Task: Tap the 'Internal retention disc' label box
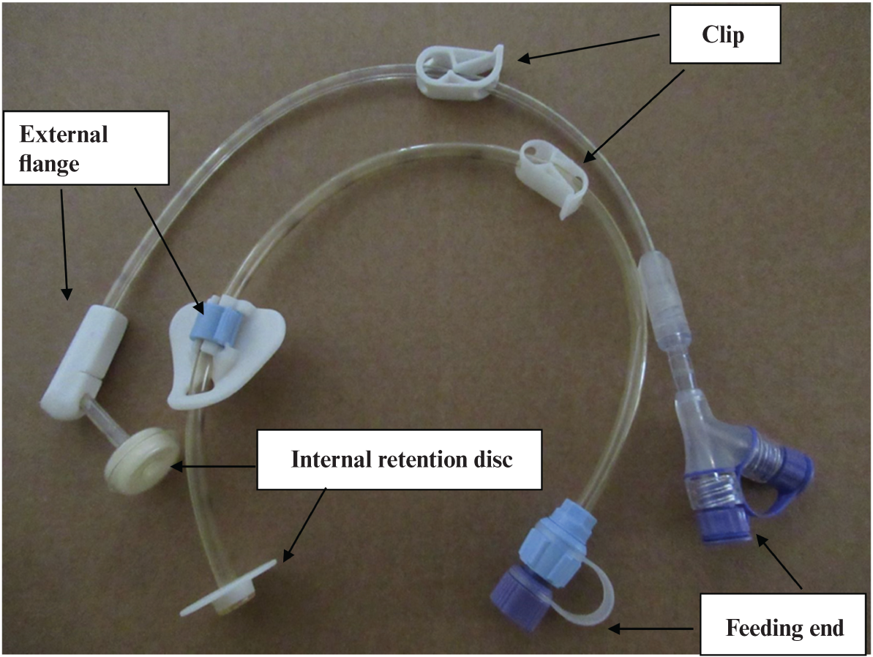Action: click(x=400, y=459)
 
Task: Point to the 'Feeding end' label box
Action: click(x=784, y=626)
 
